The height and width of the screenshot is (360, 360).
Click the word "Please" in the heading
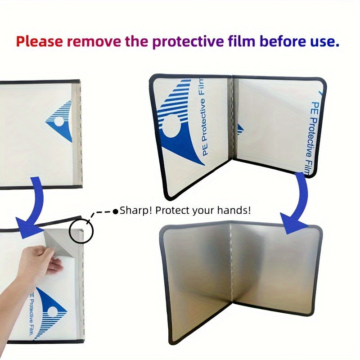point(40,42)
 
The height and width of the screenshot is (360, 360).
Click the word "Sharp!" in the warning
point(135,211)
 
